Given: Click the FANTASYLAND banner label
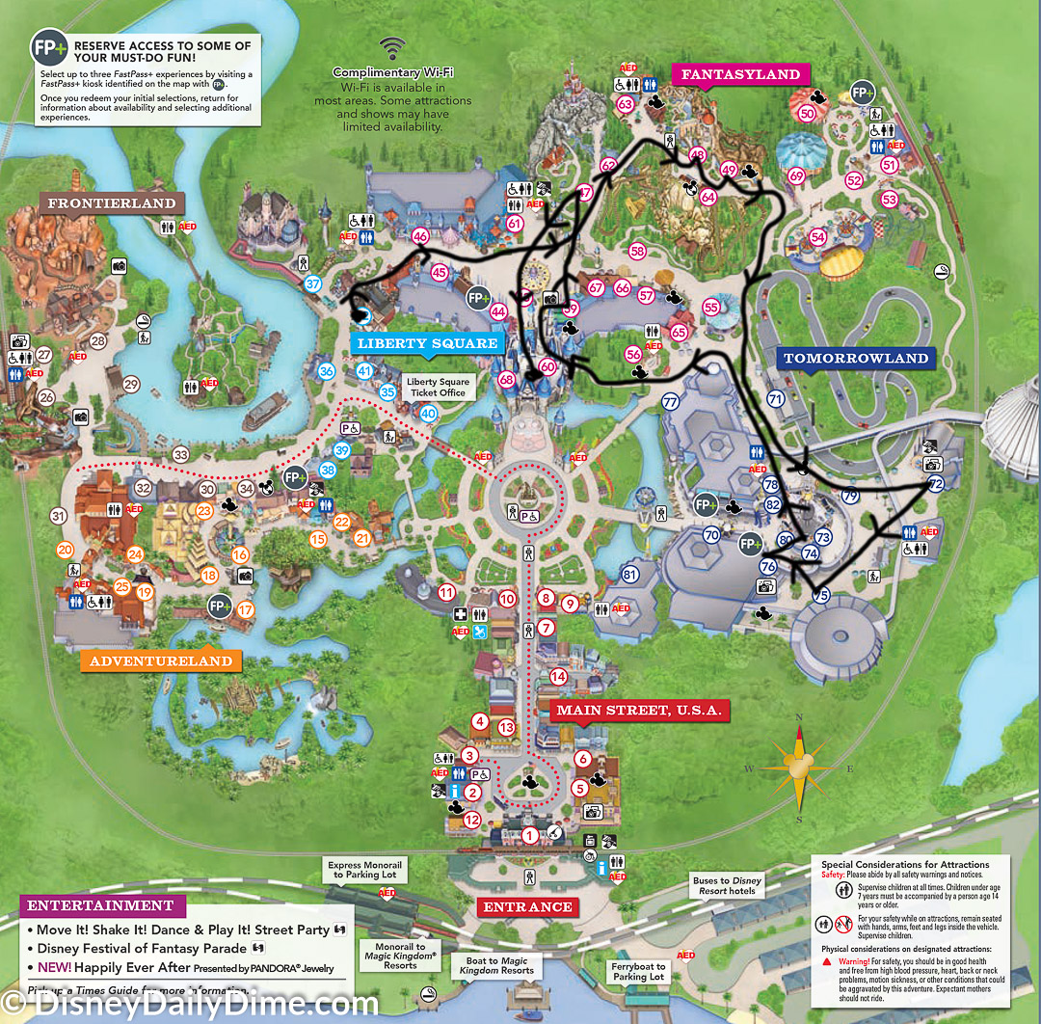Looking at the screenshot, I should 740,74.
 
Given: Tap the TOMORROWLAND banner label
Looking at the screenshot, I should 856,359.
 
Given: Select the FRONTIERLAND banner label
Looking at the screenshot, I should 113,203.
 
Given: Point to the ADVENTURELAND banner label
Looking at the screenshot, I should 161,661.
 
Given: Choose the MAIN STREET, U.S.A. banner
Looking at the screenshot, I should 638,711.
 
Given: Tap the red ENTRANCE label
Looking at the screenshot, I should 527,907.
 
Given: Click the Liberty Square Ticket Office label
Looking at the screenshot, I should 438,388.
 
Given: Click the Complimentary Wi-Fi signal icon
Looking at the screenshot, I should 391,48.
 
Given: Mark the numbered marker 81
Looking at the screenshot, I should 630,576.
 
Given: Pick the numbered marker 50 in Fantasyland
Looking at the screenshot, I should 808,113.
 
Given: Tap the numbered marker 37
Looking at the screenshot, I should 313,283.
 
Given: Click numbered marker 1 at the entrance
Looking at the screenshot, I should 528,835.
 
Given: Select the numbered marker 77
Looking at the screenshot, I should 671,403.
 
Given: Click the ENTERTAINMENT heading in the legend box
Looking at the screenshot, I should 100,906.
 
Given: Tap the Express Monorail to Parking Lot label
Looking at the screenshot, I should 364,871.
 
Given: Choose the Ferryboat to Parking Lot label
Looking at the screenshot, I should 638,971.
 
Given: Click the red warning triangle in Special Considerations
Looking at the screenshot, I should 826,960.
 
